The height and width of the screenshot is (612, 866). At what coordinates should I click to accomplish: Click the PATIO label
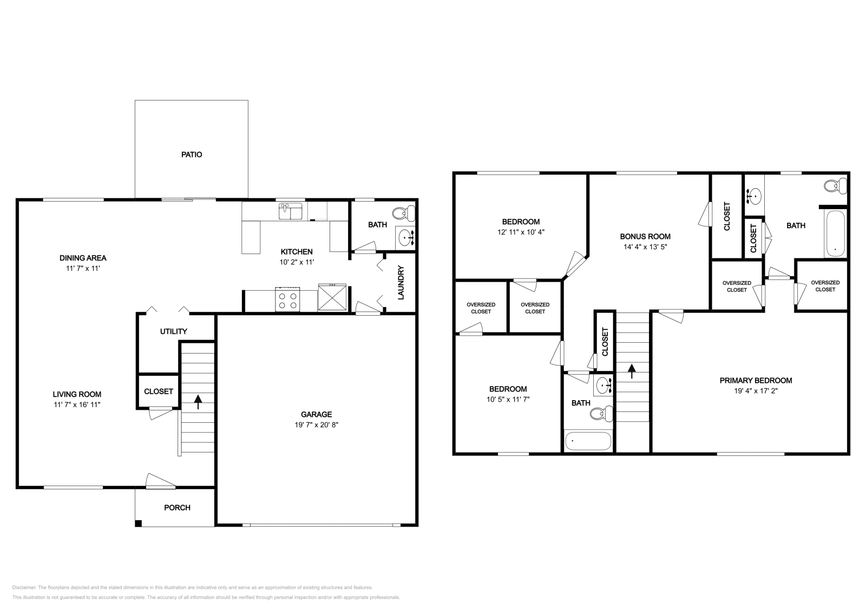192,155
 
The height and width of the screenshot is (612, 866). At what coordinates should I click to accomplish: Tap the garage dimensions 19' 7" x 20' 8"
317,425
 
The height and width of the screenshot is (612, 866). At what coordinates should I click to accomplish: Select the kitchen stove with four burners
287,299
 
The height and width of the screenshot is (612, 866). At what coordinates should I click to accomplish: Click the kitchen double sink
291,211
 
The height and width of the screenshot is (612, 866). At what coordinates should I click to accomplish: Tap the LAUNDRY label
401,283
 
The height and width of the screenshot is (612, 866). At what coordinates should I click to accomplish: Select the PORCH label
177,508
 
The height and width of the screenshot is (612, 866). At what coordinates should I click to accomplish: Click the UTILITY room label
174,331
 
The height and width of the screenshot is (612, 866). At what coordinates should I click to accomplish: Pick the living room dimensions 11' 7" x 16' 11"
77,404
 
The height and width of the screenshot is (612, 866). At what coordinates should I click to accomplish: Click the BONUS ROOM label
645,236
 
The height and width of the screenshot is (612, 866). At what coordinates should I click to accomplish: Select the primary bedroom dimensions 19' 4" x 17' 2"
756,390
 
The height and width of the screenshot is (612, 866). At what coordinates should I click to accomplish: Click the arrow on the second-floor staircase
631,371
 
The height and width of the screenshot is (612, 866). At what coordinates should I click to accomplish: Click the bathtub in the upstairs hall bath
588,441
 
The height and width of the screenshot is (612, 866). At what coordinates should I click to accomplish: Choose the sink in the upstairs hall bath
603,386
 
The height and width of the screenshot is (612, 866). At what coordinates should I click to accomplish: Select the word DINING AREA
83,258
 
